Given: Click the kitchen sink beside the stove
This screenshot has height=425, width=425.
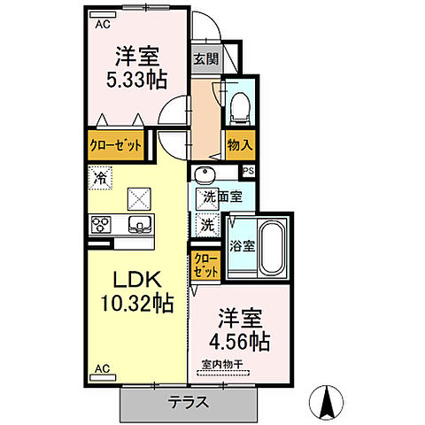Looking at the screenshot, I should [138, 223].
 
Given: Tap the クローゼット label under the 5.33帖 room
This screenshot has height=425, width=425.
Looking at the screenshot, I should [115, 146].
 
